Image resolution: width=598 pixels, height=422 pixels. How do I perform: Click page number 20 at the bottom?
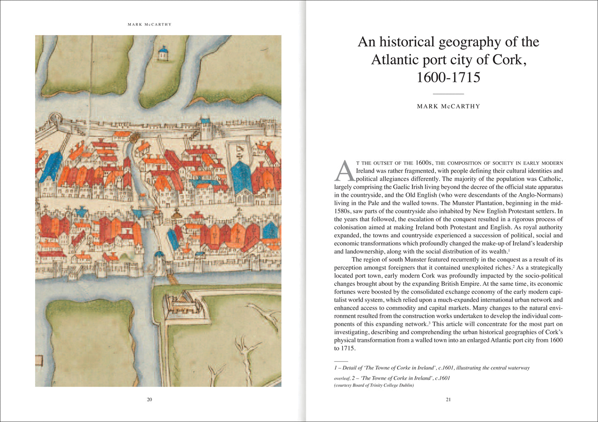(x=149, y=400)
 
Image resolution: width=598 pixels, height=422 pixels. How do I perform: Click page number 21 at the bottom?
(x=448, y=400)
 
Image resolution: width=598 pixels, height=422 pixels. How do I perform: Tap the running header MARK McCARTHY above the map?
(x=149, y=24)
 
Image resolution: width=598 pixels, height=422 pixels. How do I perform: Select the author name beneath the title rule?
(x=449, y=106)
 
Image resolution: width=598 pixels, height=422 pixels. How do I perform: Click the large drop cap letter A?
(x=344, y=171)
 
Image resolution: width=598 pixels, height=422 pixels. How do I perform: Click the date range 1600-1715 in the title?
(x=448, y=77)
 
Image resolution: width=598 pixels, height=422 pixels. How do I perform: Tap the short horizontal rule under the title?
(x=448, y=94)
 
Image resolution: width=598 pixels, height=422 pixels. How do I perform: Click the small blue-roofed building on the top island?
(x=163, y=53)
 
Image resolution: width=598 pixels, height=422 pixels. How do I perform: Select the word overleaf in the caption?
(x=342, y=378)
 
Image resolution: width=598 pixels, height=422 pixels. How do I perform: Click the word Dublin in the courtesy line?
(x=406, y=386)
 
